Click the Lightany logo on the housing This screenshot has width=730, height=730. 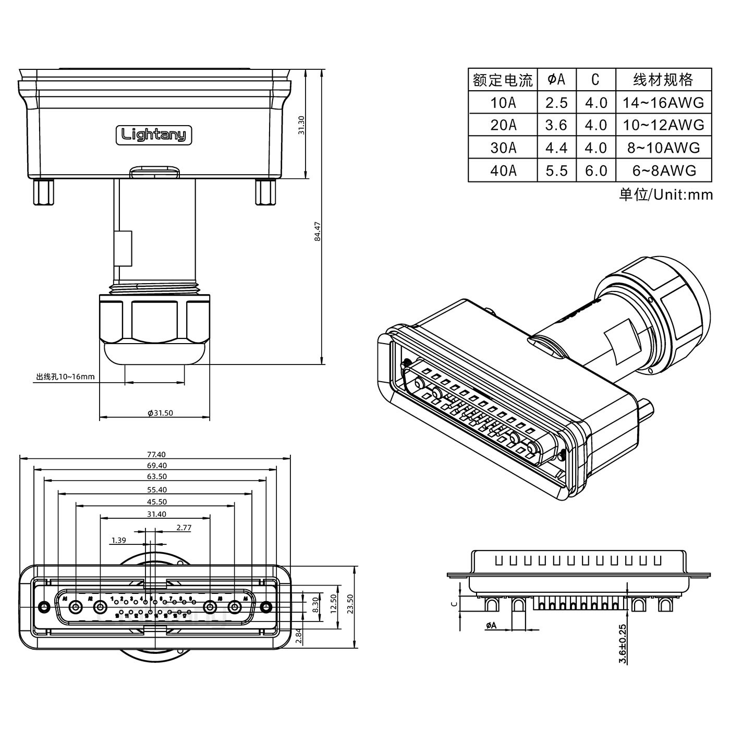[154, 135]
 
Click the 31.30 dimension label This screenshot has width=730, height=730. [301, 125]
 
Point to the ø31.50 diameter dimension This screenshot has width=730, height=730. [160, 413]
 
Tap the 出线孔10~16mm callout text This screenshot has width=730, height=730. [65, 376]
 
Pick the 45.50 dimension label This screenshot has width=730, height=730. [156, 502]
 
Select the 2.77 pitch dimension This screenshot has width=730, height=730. [184, 528]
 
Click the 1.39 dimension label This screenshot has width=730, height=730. [118, 540]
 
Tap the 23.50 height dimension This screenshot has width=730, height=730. [350, 605]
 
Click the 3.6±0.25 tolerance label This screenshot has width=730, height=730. [622, 644]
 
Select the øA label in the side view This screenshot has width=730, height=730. [491, 625]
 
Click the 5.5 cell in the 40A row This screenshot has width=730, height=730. [556, 171]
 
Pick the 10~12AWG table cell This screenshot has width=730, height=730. [663, 125]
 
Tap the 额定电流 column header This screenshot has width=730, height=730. [503, 80]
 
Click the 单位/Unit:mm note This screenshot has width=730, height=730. [665, 194]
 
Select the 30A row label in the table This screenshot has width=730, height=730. [503, 148]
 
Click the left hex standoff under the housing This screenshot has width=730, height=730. [44, 192]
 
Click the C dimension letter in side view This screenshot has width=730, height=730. [454, 604]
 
